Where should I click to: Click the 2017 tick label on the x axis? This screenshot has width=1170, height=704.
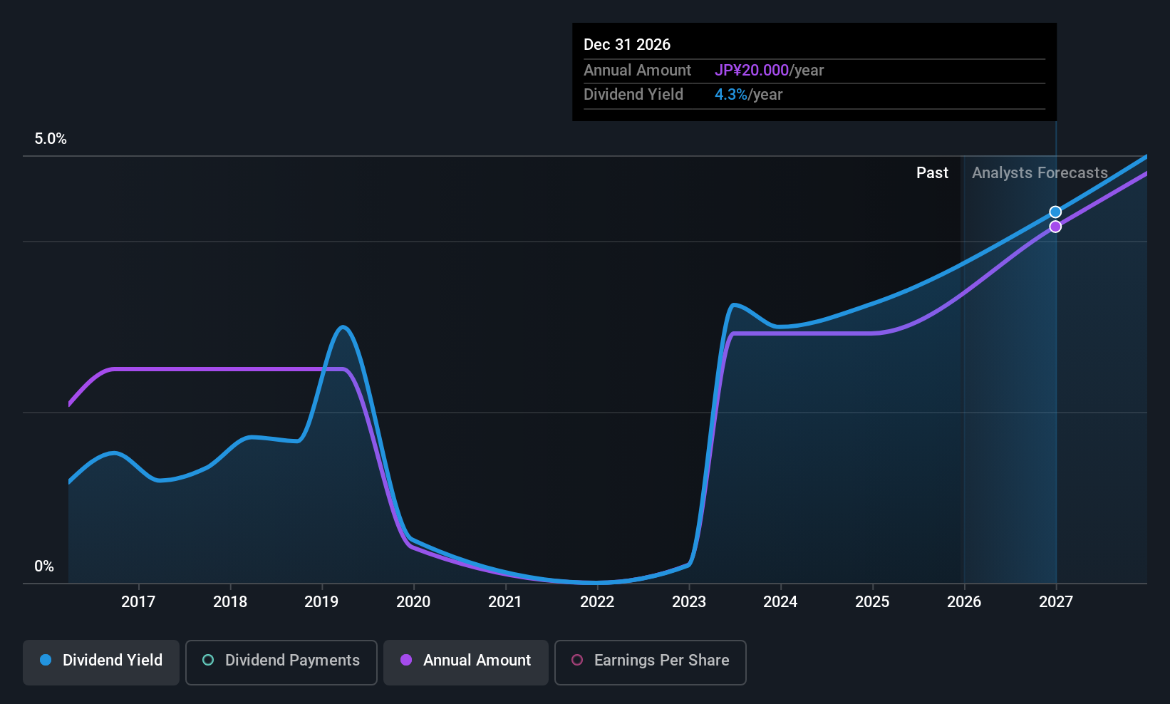point(138,602)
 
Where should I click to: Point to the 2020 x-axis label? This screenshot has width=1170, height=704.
point(413,602)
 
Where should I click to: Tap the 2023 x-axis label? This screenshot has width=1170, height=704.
point(689,602)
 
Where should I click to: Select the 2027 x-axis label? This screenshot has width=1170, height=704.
point(1055,602)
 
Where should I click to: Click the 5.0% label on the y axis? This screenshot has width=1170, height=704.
point(51,139)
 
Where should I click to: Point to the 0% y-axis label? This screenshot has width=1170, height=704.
point(44,566)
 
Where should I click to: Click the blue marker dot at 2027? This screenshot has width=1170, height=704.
point(1055,212)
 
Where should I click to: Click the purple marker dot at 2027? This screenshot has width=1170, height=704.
point(1055,227)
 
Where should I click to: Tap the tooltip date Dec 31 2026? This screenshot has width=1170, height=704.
point(627,45)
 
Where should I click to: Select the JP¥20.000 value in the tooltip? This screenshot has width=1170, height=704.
point(752,71)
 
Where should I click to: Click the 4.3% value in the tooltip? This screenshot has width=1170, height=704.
point(731,95)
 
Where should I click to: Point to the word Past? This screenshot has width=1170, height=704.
point(932,173)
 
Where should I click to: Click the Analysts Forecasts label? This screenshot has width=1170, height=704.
point(1040,173)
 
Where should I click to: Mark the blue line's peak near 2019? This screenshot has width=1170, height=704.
point(343,327)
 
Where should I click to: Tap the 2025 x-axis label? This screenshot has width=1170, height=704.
point(872,602)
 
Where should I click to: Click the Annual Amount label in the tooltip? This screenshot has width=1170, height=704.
point(637,71)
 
